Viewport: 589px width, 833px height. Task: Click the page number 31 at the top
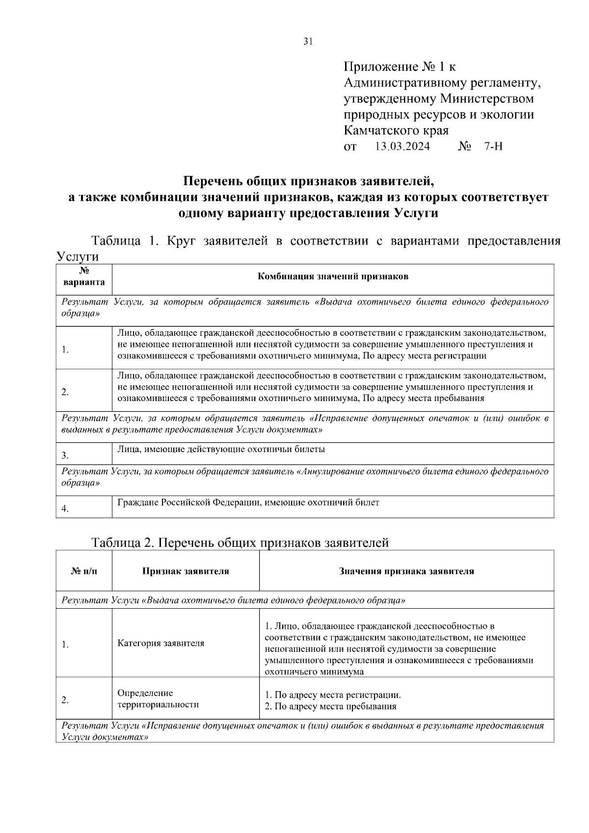pyautogui.click(x=308, y=42)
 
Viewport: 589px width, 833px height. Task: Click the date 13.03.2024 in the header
pyautogui.click(x=402, y=147)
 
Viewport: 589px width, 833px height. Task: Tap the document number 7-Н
pyautogui.click(x=493, y=147)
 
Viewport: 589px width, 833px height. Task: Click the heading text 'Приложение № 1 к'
pyautogui.click(x=400, y=66)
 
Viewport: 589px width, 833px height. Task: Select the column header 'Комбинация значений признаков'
pyautogui.click(x=333, y=276)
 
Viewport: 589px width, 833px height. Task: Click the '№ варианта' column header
pyautogui.click(x=84, y=277)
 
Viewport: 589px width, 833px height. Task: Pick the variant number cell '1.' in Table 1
pyautogui.click(x=65, y=350)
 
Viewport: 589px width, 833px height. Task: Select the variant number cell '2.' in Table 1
pyautogui.click(x=65, y=392)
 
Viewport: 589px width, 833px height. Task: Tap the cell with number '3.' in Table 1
pyautogui.click(x=65, y=456)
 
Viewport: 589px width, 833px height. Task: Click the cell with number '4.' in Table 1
pyautogui.click(x=65, y=509)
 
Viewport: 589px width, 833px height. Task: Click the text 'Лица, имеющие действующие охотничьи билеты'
pyautogui.click(x=221, y=449)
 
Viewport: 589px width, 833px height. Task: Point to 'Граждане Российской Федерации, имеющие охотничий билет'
pyautogui.click(x=248, y=502)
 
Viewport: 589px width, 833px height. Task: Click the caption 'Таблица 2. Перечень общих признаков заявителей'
pyautogui.click(x=240, y=543)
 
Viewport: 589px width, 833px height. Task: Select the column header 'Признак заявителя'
pyautogui.click(x=186, y=571)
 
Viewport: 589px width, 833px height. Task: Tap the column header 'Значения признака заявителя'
pyautogui.click(x=406, y=571)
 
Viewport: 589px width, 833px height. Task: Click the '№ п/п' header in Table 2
pyautogui.click(x=84, y=571)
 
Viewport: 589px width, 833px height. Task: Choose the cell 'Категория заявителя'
pyautogui.click(x=161, y=643)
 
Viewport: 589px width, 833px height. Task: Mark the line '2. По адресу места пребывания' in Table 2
pyautogui.click(x=330, y=707)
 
